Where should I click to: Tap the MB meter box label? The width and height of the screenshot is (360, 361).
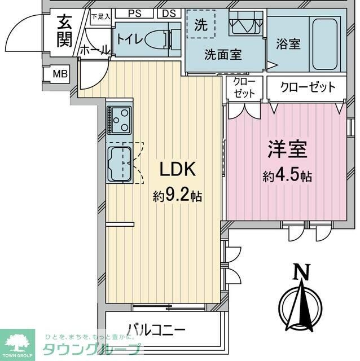pyautogui.click(x=59, y=74)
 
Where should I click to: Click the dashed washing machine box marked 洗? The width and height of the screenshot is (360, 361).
pyautogui.click(x=201, y=25)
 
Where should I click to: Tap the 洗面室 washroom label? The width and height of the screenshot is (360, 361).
pyautogui.click(x=222, y=55)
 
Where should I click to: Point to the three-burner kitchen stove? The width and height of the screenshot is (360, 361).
pyautogui.click(x=120, y=120)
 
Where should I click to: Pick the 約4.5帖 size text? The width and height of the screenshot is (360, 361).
pyautogui.click(x=287, y=176)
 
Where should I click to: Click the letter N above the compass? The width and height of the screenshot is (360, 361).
pyautogui.click(x=303, y=272)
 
